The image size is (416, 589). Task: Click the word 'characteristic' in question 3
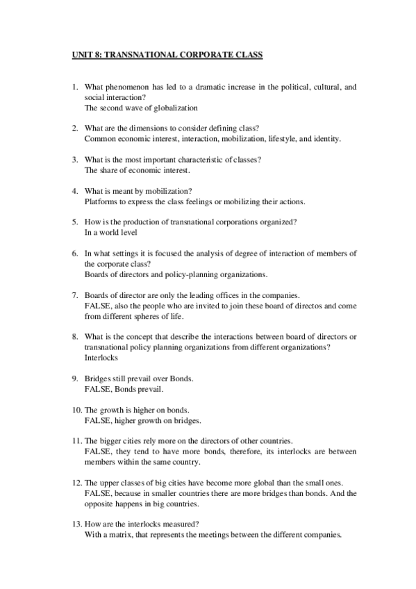point(203,160)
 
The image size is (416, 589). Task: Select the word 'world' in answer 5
point(113,232)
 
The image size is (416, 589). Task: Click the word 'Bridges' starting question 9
point(99,379)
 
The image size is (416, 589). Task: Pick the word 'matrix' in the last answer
point(119,535)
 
